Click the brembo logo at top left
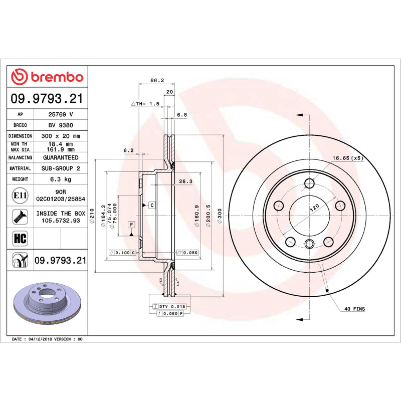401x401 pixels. (x=47, y=77)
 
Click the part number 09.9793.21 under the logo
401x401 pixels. (x=47, y=99)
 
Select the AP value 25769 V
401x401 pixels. (x=60, y=114)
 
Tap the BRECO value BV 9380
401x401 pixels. (x=60, y=125)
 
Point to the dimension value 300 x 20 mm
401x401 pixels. (x=60, y=136)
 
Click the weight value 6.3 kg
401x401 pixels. (x=60, y=179)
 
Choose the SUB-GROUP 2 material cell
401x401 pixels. (x=60, y=168)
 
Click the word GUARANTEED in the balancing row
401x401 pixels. (x=60, y=157)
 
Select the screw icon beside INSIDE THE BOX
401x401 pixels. (x=20, y=217)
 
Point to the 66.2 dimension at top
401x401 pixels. (x=157, y=80)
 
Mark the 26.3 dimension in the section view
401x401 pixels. (x=185, y=181)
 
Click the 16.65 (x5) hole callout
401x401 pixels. (x=347, y=158)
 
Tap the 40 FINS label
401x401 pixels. (x=355, y=309)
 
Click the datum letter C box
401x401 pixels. (x=150, y=205)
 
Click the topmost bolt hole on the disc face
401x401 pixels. (x=309, y=182)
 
